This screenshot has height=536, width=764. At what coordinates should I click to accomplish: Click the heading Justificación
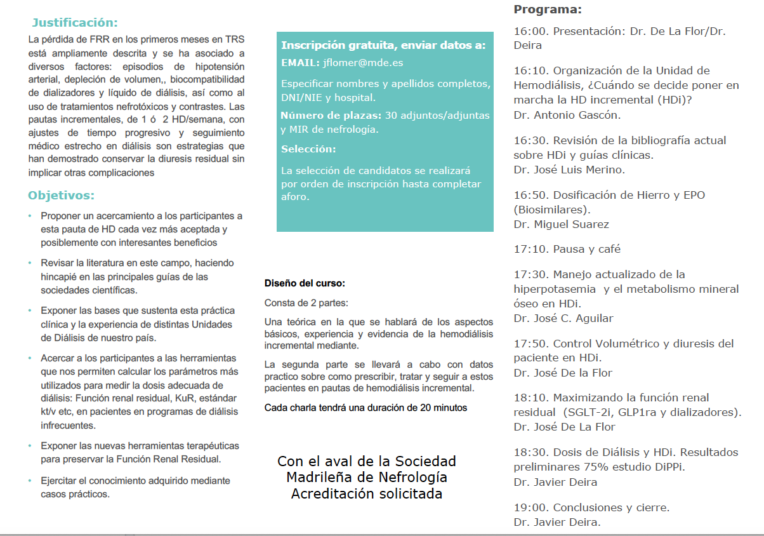coord(75,23)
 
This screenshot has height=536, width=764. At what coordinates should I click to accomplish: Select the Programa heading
coord(547,10)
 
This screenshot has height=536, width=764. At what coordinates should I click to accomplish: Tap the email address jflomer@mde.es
coord(362,63)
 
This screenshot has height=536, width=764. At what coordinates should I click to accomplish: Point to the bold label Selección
coord(308,149)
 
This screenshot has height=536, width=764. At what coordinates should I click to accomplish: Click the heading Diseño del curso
coord(305,284)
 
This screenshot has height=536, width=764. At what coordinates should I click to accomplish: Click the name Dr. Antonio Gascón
coord(558,115)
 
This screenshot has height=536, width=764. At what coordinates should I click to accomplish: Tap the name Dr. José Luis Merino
coord(569,170)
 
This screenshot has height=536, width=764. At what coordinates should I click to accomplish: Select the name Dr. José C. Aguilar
coord(563,318)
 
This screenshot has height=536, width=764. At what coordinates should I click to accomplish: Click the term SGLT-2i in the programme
coord(594,412)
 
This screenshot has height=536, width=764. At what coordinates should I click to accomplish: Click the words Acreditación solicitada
coord(366,493)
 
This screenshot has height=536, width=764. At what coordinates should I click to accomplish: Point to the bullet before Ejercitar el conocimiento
coord(30,480)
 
